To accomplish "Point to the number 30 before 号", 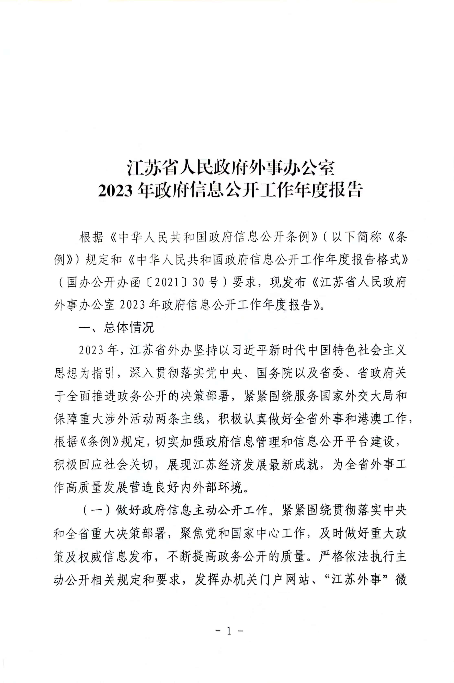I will [198, 282].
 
